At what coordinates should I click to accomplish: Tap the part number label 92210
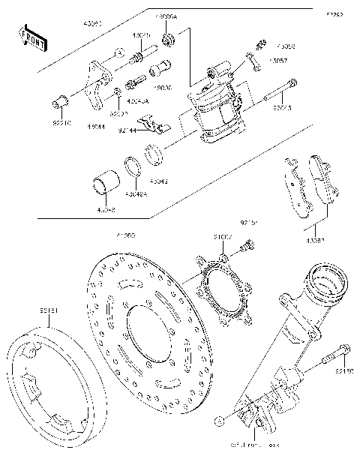[x=61, y=118]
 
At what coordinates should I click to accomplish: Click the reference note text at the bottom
[x=256, y=446]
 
